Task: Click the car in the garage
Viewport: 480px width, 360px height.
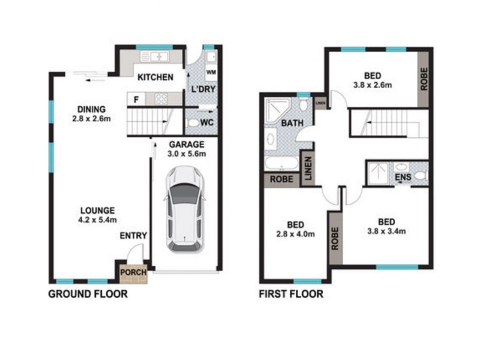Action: [x=185, y=209]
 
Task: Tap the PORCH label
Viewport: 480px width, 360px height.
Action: [x=133, y=272]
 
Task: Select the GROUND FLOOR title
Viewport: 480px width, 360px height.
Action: [x=87, y=294]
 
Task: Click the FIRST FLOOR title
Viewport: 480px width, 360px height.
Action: [x=291, y=294]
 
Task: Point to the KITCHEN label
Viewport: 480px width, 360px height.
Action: [x=155, y=77]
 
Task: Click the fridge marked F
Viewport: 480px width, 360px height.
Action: [x=136, y=100]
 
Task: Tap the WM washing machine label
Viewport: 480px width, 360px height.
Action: [x=211, y=73]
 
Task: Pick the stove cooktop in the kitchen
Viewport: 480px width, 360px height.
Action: [x=161, y=99]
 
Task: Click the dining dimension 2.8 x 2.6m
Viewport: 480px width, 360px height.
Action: [x=91, y=118]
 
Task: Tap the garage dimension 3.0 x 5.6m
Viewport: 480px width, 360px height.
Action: [x=187, y=154]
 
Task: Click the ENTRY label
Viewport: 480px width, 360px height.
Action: [x=133, y=236]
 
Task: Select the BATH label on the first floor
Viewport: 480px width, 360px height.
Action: [x=292, y=124]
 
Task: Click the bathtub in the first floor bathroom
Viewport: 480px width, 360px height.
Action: [x=280, y=163]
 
